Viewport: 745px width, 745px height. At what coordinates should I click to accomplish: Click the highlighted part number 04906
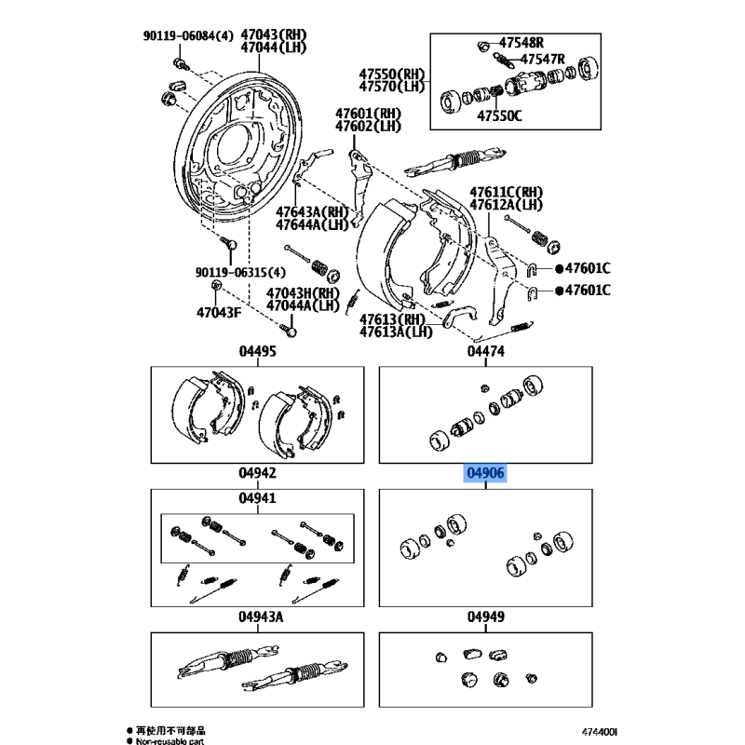[486, 473]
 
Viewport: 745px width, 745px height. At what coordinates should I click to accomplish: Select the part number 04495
[258, 351]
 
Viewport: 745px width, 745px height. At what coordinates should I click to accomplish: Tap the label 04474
[486, 351]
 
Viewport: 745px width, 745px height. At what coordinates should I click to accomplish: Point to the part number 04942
[258, 473]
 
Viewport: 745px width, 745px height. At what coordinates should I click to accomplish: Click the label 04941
[258, 499]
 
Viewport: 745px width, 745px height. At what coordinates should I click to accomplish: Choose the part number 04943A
[258, 616]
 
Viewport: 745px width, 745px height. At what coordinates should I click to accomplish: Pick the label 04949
[486, 616]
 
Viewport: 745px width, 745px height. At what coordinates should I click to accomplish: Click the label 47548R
[521, 43]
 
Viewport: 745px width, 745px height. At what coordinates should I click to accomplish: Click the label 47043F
[218, 311]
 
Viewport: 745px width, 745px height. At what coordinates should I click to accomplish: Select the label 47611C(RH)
[506, 192]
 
